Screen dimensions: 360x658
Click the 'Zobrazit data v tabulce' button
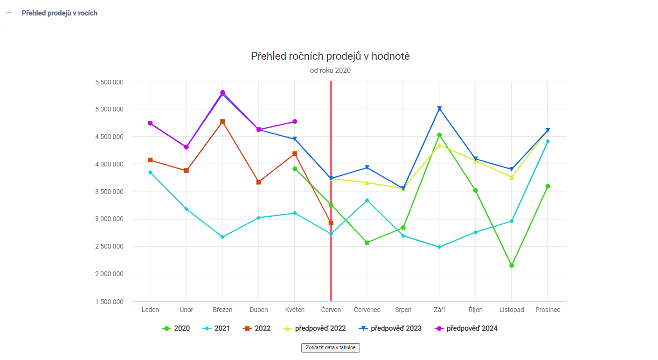click(330, 348)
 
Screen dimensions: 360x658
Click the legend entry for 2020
click(176, 328)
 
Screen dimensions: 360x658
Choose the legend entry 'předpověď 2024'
click(466, 328)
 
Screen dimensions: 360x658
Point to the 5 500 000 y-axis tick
click(109, 82)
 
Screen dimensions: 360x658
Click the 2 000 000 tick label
click(109, 274)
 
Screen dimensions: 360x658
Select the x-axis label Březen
click(222, 310)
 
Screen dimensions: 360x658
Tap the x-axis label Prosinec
click(547, 310)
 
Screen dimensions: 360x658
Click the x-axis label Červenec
click(367, 310)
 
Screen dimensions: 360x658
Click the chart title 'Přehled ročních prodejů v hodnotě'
click(330, 56)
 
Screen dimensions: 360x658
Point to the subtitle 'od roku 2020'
click(330, 71)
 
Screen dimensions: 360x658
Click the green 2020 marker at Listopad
click(512, 265)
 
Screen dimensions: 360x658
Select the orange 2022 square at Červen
click(331, 223)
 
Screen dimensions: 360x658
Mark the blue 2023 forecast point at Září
click(439, 109)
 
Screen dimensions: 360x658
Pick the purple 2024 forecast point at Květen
click(295, 122)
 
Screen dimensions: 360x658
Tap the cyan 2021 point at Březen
click(222, 237)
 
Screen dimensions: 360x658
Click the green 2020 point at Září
click(439, 135)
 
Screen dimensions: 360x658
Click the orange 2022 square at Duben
click(259, 182)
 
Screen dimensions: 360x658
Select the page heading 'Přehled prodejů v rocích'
click(60, 13)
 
